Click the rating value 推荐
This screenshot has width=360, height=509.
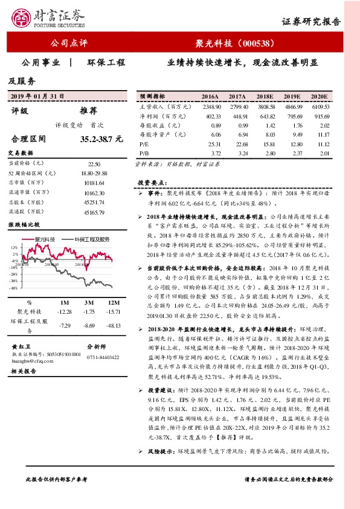pos(89,111)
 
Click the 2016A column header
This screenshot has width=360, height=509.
pos(210,97)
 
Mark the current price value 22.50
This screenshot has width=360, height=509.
pos(94,164)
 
